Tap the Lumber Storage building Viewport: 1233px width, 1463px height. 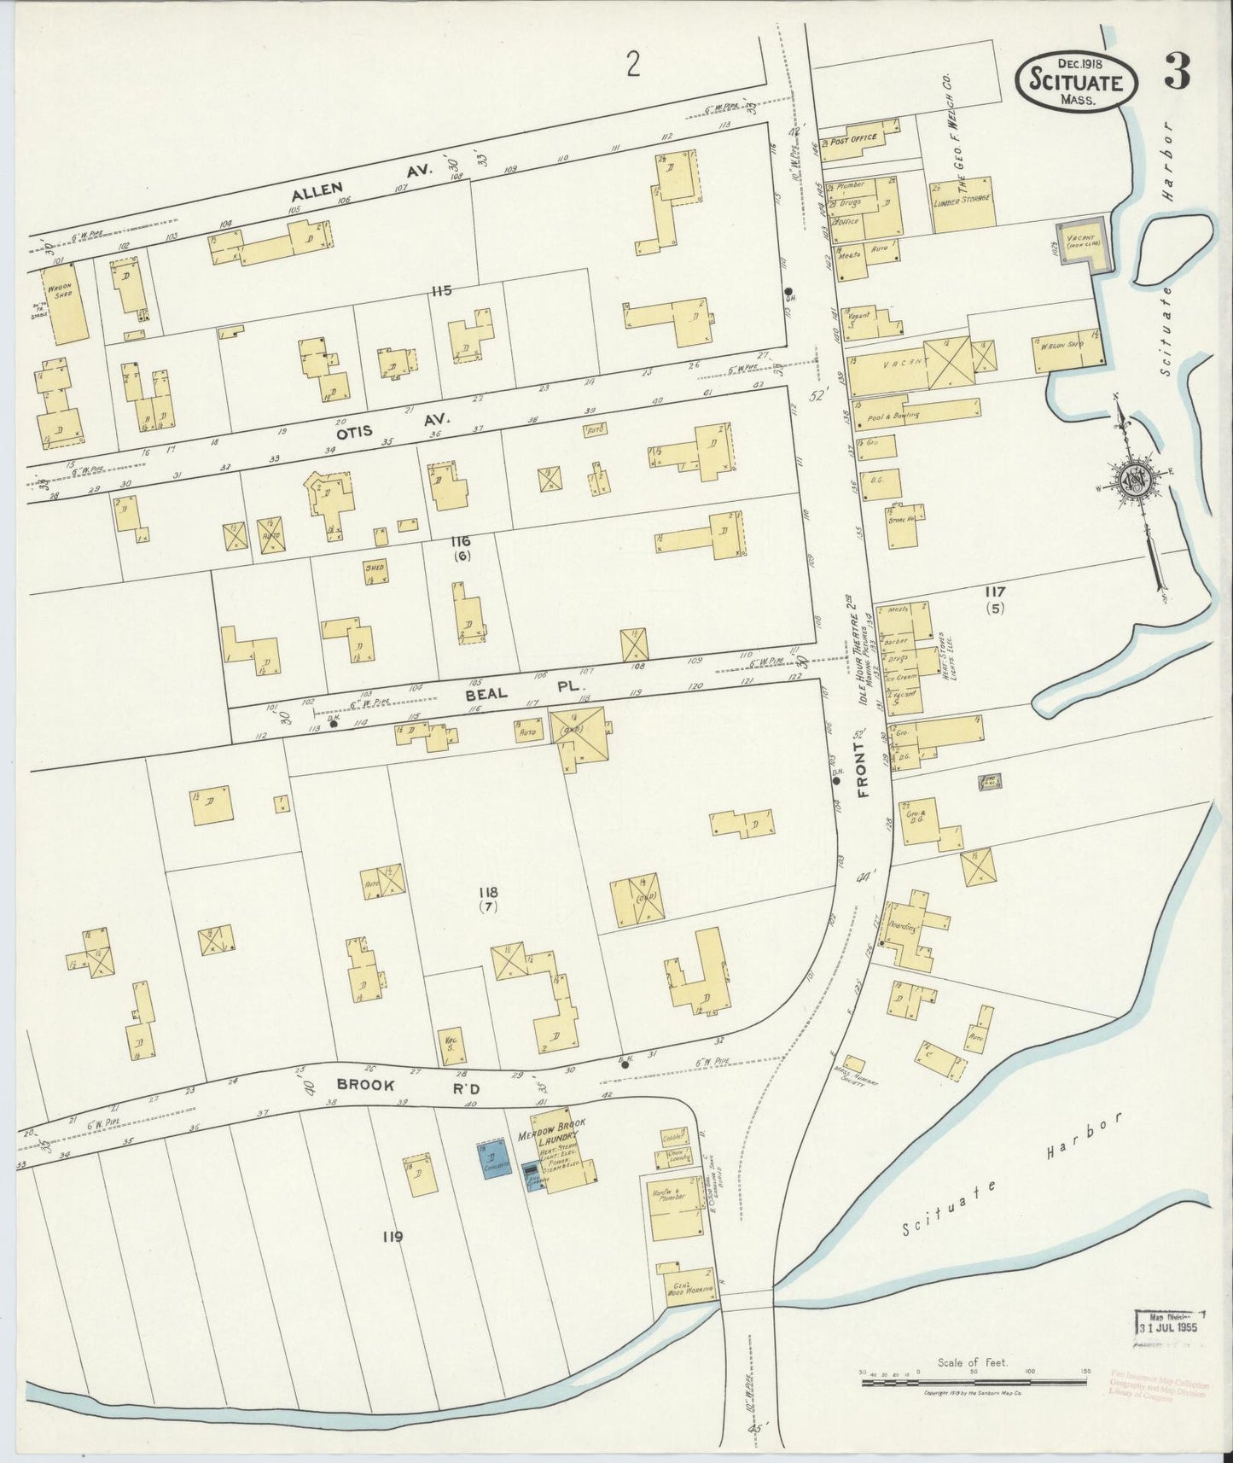pyautogui.click(x=962, y=204)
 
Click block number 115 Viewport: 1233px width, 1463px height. pyautogui.click(x=440, y=291)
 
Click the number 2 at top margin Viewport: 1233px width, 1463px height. pyautogui.click(x=631, y=63)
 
